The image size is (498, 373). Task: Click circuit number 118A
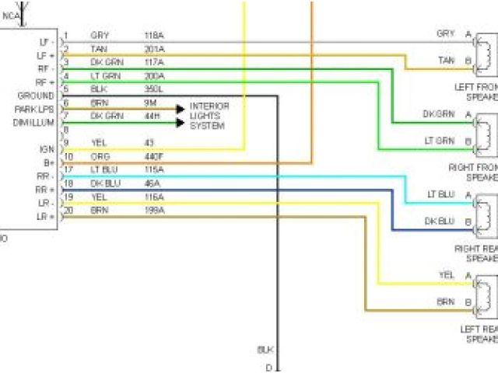pos(154,35)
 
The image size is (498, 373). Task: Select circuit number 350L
pos(154,89)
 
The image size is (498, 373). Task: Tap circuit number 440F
pos(154,156)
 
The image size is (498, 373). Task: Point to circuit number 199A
pos(154,211)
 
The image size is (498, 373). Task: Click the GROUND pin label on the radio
pos(36,96)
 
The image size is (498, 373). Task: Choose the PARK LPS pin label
pos(34,109)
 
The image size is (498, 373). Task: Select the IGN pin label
pos(47,148)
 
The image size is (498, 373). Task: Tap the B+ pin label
pos(48,162)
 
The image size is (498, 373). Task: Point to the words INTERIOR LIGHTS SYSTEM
pos(209,116)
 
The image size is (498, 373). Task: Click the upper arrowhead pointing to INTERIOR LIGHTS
pos(181,109)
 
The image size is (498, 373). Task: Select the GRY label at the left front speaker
pos(445,34)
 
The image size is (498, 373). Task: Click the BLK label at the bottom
pos(265,350)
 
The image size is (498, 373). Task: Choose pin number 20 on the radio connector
pos(67,211)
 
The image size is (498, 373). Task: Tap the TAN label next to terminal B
pos(446,60)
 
